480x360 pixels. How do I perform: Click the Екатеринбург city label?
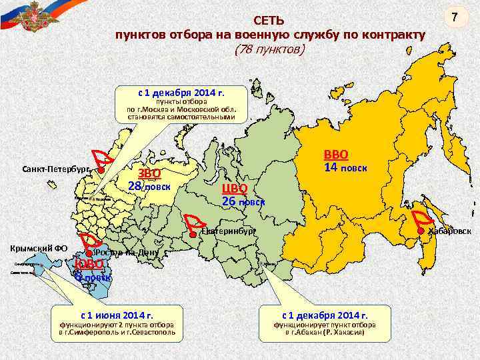coord(228,231)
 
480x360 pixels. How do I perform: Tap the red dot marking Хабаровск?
coord(421,231)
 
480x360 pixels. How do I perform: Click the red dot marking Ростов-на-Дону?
coord(89,254)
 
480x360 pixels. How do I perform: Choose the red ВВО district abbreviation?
coord(337,154)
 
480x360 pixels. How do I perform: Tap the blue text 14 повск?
coord(345,168)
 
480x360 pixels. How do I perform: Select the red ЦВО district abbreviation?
coord(235,187)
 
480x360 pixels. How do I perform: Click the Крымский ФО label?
coord(38,248)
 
